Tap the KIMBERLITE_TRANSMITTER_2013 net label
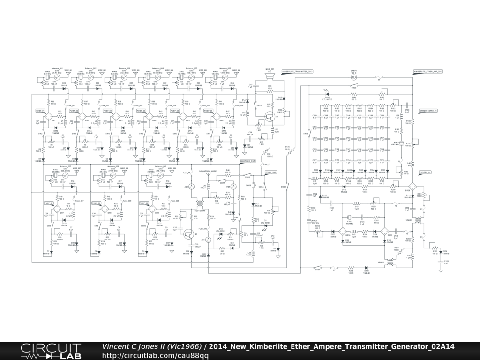[297, 71]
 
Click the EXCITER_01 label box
[425, 172]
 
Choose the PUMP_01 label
[40, 111]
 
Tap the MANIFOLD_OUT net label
[247, 161]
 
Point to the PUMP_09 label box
[144, 203]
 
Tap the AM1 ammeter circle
[210, 239]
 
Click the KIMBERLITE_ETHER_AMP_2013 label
[428, 71]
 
